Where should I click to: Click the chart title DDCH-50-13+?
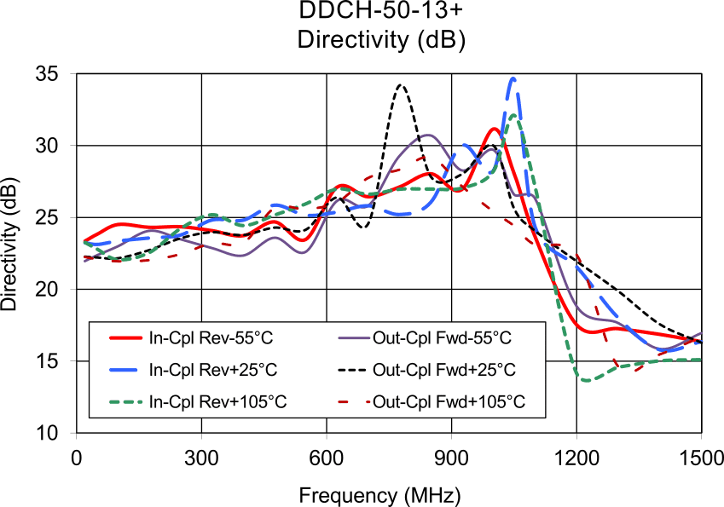point(362,12)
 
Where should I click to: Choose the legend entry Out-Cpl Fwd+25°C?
point(443,370)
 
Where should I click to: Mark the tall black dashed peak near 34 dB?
point(401,84)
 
